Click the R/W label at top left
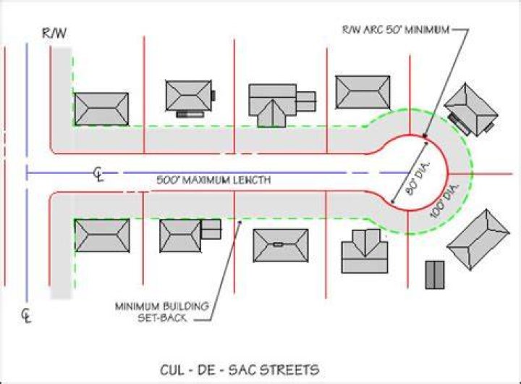(x=54, y=33)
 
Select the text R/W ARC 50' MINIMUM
(x=396, y=30)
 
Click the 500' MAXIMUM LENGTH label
(x=213, y=180)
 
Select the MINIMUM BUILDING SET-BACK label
(x=162, y=312)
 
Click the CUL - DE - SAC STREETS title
(x=240, y=370)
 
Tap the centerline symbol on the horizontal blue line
(x=98, y=174)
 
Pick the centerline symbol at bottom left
(x=26, y=316)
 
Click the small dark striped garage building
(x=435, y=275)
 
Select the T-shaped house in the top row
(x=282, y=105)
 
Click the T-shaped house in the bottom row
(x=365, y=251)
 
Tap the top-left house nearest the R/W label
(x=101, y=109)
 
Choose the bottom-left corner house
(x=102, y=235)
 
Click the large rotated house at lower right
(x=478, y=240)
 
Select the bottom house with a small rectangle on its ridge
(x=281, y=245)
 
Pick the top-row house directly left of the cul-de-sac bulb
(x=363, y=92)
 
